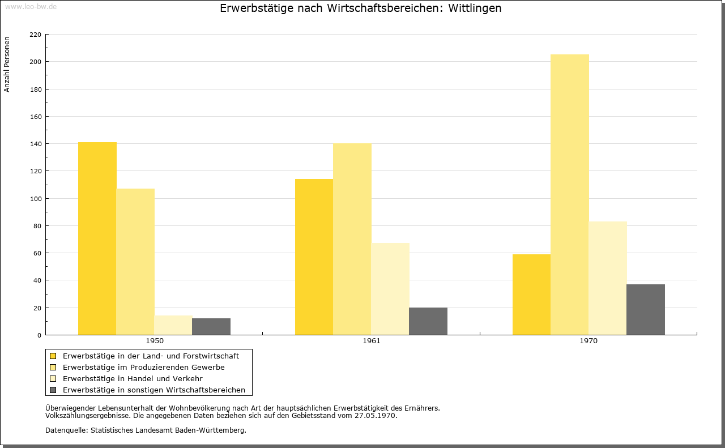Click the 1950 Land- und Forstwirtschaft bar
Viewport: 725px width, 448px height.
(x=97, y=238)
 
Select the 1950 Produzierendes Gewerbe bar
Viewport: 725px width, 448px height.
(x=135, y=262)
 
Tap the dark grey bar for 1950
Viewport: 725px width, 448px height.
(x=211, y=327)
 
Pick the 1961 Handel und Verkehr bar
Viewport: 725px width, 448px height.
(x=390, y=289)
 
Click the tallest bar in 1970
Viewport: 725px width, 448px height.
(x=570, y=194)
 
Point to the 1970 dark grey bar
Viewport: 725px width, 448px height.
(x=646, y=309)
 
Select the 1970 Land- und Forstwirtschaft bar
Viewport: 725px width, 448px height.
(x=531, y=295)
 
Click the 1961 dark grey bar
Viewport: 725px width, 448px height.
(x=428, y=321)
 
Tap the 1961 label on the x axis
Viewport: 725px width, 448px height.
(x=372, y=341)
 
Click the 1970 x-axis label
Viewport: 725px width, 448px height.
(x=588, y=341)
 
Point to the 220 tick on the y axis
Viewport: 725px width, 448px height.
(x=35, y=35)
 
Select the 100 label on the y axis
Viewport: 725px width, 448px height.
(x=35, y=198)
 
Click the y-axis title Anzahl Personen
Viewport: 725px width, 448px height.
(x=7, y=64)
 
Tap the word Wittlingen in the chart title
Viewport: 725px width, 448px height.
(x=475, y=8)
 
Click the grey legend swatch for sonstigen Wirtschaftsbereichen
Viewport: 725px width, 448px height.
(x=53, y=390)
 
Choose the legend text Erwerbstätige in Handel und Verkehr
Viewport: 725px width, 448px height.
(x=133, y=379)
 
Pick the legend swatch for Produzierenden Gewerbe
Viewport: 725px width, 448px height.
(x=53, y=367)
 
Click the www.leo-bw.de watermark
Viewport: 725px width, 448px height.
(x=31, y=7)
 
